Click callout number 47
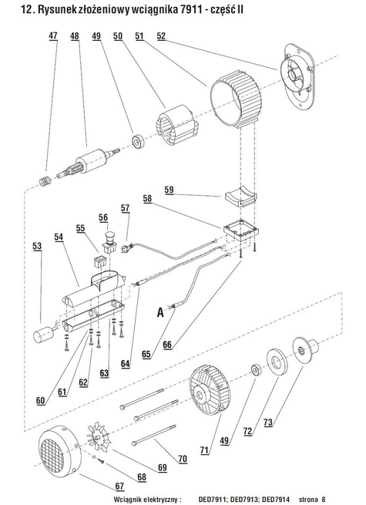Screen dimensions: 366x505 click(x=53, y=35)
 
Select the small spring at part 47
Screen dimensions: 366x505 click(x=45, y=181)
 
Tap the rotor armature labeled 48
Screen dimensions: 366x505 click(x=89, y=163)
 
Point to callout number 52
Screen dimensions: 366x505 click(x=161, y=36)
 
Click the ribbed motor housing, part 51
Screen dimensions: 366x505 click(x=236, y=99)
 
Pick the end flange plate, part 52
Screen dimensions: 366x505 click(x=298, y=76)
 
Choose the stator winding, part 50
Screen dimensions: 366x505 click(x=176, y=125)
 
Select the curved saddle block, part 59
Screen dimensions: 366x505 click(x=240, y=198)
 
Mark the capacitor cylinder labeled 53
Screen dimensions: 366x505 click(x=44, y=334)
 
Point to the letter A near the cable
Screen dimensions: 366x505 click(x=160, y=312)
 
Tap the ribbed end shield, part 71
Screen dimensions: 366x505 click(x=210, y=389)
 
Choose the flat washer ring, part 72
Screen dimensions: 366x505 click(x=277, y=362)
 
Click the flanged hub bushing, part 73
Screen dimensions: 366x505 click(x=305, y=350)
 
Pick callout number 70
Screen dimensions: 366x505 click(x=183, y=459)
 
